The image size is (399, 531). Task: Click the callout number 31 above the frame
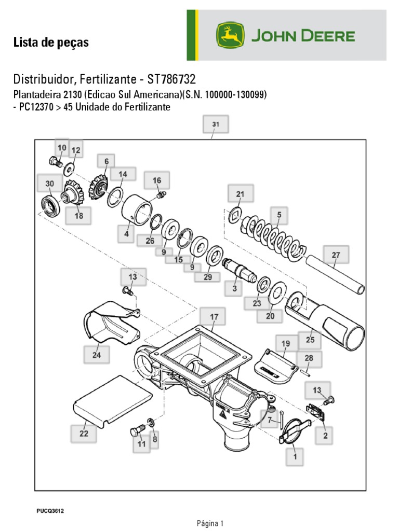point(216,124)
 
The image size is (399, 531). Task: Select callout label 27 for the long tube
point(336,255)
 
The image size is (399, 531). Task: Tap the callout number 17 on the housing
point(214,316)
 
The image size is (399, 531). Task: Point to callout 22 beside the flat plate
point(84,434)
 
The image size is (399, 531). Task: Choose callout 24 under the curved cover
point(97,355)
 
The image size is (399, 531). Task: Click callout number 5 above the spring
point(279,214)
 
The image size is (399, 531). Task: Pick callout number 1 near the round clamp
point(295,457)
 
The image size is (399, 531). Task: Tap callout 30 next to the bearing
point(49,184)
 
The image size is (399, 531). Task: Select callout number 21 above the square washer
point(240,194)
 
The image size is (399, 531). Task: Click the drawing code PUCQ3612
point(50,511)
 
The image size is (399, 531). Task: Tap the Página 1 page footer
point(210,523)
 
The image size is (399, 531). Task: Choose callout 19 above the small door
point(286,344)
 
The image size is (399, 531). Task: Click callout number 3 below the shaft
point(234,288)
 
